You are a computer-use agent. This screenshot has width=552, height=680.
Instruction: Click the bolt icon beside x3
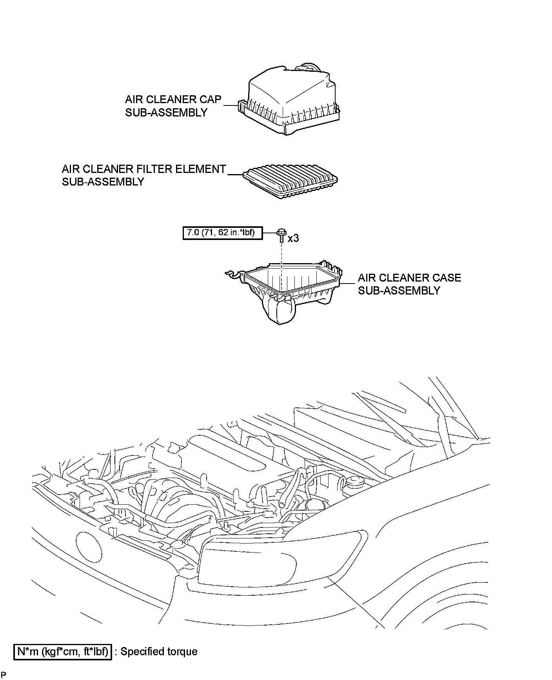[281, 235]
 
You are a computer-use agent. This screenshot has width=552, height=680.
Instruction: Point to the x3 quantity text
[293, 238]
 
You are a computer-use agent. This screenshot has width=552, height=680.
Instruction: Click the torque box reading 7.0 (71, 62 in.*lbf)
[222, 233]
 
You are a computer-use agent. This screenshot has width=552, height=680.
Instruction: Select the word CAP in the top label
[211, 99]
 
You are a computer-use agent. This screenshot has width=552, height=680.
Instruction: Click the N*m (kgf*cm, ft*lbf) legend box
[63, 652]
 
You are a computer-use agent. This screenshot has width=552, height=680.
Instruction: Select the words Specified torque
[159, 652]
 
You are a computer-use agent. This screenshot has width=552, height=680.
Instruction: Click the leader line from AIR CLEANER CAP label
[231, 105]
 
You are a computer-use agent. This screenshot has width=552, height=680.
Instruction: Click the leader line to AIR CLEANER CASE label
[348, 283]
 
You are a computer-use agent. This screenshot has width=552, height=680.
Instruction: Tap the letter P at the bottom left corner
[4, 675]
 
